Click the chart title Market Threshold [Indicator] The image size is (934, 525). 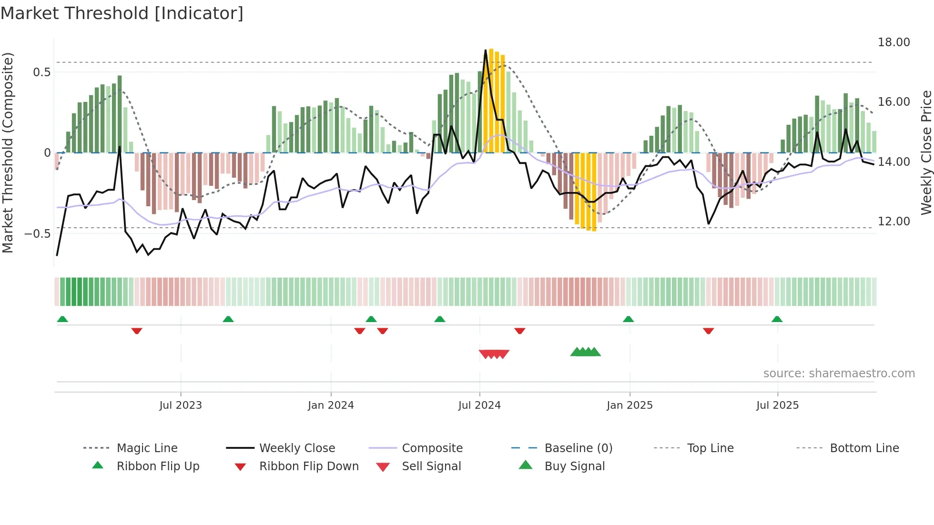pos(122,13)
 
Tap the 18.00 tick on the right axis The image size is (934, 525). pos(893,42)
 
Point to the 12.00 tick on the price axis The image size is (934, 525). pos(893,222)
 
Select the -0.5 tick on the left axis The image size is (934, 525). pos(37,233)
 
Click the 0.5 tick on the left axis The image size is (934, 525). pos(41,72)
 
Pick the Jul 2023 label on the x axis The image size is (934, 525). pos(181,405)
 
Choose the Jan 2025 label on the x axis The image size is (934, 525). pos(629,405)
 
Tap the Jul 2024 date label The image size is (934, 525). pos(479,405)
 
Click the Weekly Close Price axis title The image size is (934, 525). pos(926,152)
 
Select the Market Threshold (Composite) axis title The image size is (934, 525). pos(8,152)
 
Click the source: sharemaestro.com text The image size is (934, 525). pos(839,374)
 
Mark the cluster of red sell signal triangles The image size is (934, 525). pos(494,354)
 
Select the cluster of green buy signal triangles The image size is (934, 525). pos(585,352)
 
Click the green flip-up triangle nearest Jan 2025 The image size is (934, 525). pos(628,319)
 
